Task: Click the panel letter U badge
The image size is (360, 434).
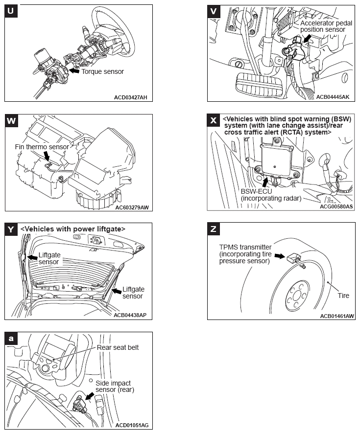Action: coord(11,11)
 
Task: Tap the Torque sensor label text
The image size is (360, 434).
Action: coord(102,72)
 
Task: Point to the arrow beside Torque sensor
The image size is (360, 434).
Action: coord(74,70)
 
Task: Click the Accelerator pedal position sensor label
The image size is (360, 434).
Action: coord(326,26)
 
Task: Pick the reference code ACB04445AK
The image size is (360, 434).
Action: coord(333,97)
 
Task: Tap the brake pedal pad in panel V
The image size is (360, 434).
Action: coord(258,85)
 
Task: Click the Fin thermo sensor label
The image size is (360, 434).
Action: coord(42,147)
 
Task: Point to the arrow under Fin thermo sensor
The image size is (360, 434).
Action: coord(47,156)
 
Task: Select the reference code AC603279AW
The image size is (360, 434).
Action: coord(132,207)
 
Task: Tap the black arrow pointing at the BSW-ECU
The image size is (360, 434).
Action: coord(265,182)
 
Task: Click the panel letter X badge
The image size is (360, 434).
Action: coord(214,120)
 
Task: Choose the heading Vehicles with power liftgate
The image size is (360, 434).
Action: coord(73,229)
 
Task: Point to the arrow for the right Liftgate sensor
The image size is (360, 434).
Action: coord(117,291)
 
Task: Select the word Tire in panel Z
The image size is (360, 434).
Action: coord(343,296)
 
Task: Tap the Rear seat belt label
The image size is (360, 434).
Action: coord(118,348)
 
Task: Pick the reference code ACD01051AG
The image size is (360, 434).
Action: coord(132,425)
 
